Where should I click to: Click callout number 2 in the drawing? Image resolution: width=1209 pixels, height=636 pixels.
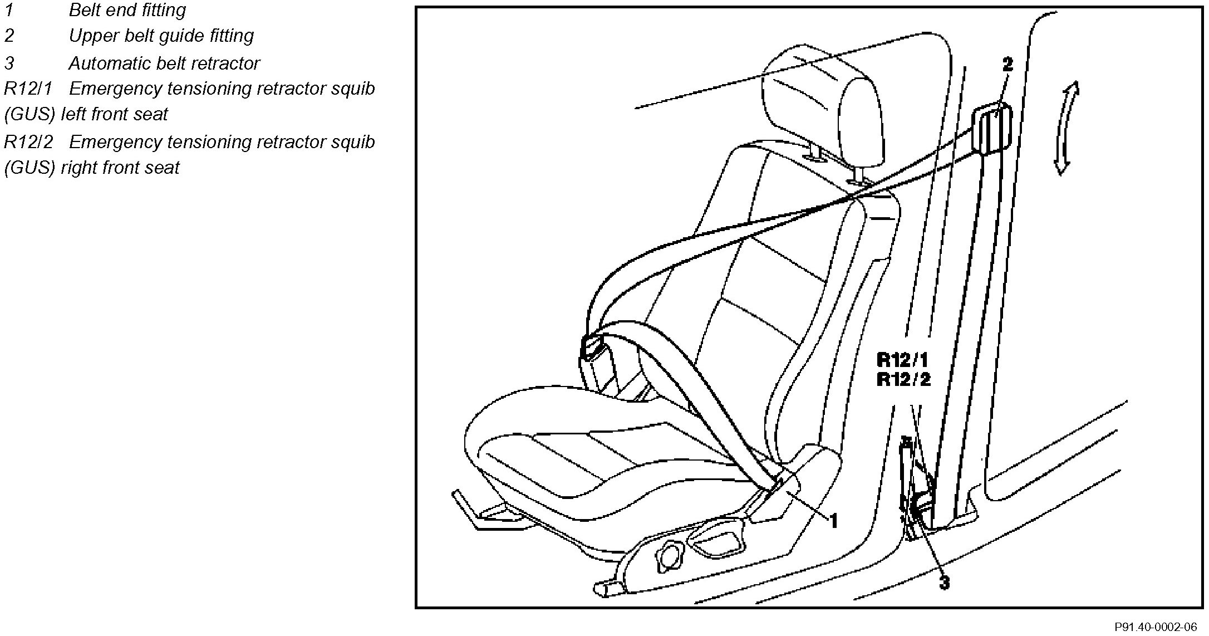1008,65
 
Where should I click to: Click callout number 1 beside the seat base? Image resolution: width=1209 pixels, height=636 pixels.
834,521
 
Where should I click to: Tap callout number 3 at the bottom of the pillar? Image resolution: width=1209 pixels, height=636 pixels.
944,583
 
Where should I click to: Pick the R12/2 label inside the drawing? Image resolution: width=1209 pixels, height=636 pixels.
903,380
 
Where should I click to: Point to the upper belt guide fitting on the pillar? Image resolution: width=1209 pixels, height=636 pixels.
991,129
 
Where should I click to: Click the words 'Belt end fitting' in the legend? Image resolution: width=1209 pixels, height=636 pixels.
127,10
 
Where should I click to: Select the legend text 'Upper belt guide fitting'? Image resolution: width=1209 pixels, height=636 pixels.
161,36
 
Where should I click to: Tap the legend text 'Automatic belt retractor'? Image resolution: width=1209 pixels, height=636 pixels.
164,63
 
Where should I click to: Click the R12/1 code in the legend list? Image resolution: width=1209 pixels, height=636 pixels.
28,89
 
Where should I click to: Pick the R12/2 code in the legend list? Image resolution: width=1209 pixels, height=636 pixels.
28,142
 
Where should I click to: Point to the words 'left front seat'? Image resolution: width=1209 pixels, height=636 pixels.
114,114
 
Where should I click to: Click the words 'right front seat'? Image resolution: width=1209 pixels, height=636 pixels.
120,168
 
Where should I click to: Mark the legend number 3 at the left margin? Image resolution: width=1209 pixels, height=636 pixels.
9,63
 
